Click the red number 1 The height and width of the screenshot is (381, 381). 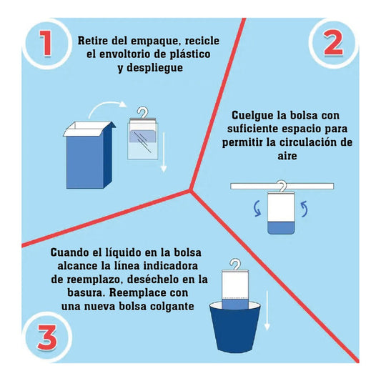click(46, 43)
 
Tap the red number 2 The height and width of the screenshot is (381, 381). click(333, 44)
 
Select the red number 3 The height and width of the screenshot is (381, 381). click(47, 337)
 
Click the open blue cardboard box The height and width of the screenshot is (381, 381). click(89, 155)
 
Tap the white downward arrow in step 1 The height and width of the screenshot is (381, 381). click(164, 152)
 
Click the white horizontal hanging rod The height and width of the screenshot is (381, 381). click(282, 186)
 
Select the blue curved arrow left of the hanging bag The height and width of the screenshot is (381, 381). click(257, 208)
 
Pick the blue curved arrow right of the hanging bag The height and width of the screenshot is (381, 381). click(305, 209)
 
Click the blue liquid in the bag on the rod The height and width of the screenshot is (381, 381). click(281, 228)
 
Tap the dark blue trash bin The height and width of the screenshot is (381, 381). click(235, 327)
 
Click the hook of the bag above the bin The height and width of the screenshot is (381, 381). click(235, 264)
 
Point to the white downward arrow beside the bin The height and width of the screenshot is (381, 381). click(267, 310)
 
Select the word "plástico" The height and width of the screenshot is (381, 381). click(190, 54)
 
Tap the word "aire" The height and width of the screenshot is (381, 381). click(287, 156)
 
